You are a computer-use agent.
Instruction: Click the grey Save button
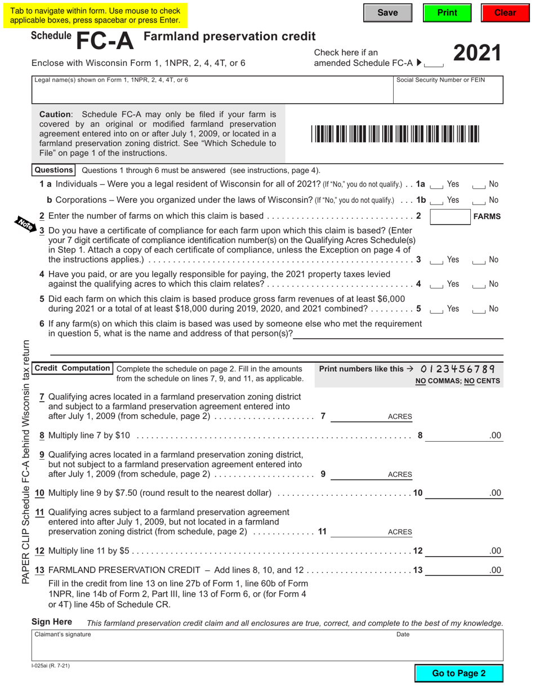pyautogui.click(x=387, y=13)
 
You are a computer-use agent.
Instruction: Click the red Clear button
pyautogui.click(x=505, y=13)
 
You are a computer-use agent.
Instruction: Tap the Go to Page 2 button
pyautogui.click(x=458, y=673)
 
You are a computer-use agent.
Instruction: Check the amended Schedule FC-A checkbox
pyautogui.click(x=435, y=64)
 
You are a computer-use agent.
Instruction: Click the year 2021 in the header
pyautogui.click(x=476, y=54)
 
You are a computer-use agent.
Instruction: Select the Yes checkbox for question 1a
pyautogui.click(x=436, y=185)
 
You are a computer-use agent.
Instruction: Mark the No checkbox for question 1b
pyautogui.click(x=479, y=201)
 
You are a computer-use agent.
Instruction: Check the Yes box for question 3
pyautogui.click(x=436, y=260)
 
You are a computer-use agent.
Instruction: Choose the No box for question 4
pyautogui.click(x=479, y=285)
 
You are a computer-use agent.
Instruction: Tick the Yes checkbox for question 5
pyautogui.click(x=436, y=309)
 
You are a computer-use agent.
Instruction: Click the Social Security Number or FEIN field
pyautogui.click(x=448, y=93)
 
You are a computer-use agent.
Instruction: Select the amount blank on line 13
pyautogui.click(x=456, y=570)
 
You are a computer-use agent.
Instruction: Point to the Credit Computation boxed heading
pyautogui.click(x=72, y=368)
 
